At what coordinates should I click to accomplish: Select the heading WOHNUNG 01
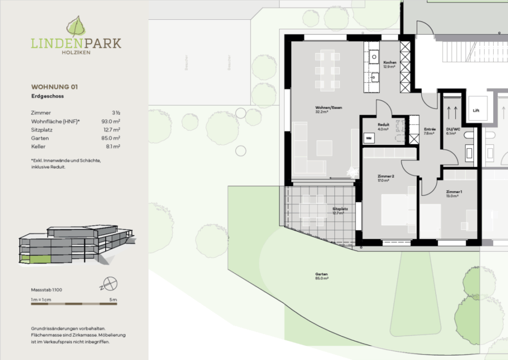pos(54,86)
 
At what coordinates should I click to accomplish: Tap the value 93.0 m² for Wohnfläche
pos(111,121)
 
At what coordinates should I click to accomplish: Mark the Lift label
pos(476,111)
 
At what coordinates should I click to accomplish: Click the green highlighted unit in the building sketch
pos(40,259)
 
